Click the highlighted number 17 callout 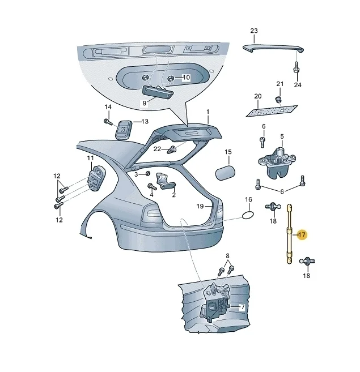click(302, 235)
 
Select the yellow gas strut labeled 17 click(290, 234)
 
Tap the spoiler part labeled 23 click(273, 48)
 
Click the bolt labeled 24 click(296, 67)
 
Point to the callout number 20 click(258, 96)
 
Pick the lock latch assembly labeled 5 click(276, 162)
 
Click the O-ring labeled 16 click(248, 215)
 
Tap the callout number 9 click(144, 104)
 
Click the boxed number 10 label click(187, 78)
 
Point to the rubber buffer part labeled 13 click(124, 130)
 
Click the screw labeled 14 click(108, 122)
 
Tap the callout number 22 click(157, 149)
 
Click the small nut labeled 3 click(147, 174)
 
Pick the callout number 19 click(200, 207)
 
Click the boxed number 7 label click(242, 307)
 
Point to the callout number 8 click(228, 256)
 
